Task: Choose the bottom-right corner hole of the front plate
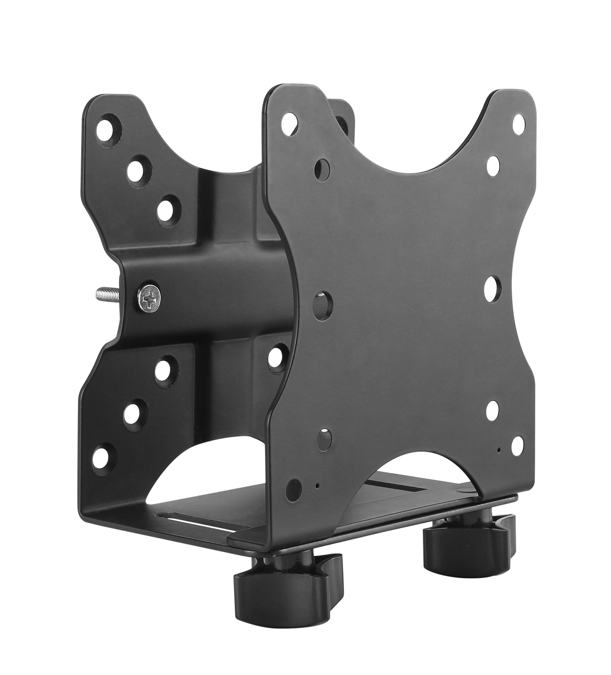tap(519, 445)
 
